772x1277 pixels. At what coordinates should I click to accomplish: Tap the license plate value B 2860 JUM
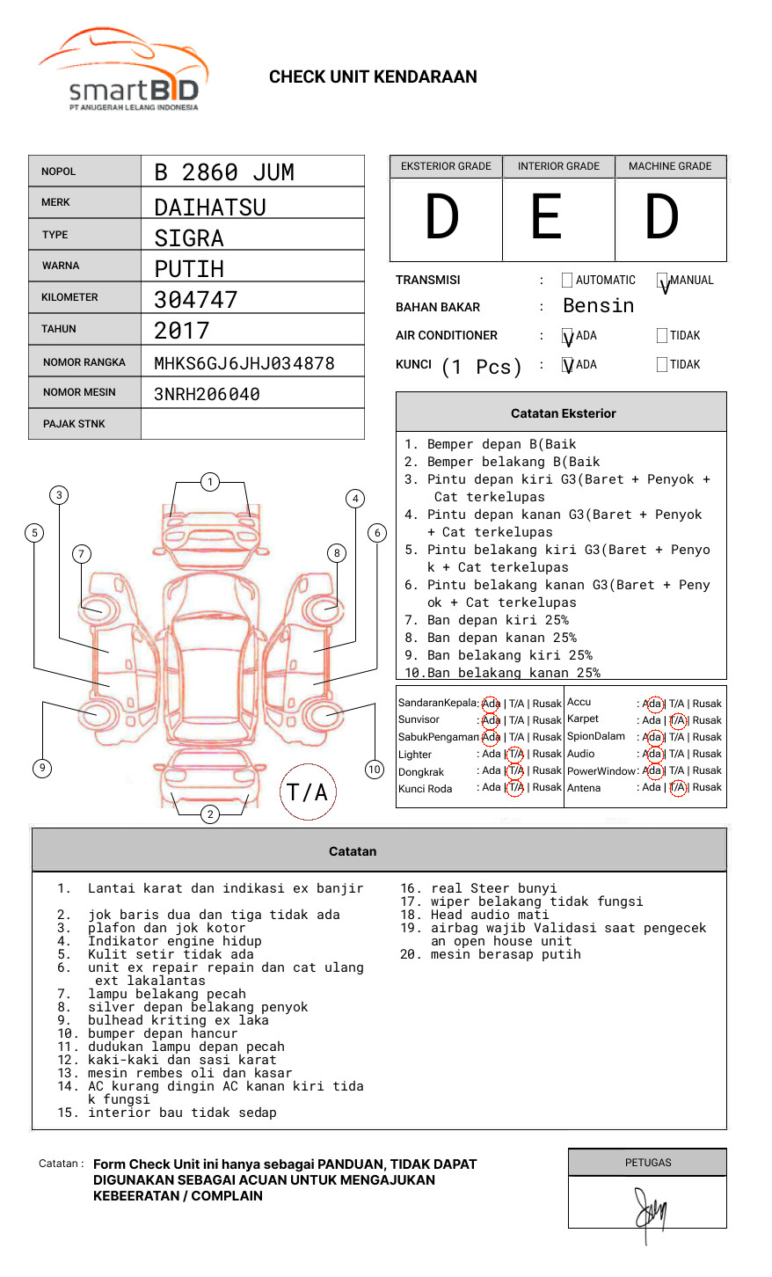(x=224, y=172)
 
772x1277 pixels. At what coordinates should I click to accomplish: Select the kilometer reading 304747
(x=196, y=300)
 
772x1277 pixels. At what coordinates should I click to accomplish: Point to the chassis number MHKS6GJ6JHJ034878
(x=244, y=363)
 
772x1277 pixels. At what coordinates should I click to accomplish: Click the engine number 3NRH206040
(x=207, y=394)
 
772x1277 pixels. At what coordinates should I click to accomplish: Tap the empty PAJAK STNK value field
(x=252, y=424)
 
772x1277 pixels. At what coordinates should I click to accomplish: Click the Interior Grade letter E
(x=546, y=217)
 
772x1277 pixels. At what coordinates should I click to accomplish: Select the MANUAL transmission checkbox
(x=662, y=281)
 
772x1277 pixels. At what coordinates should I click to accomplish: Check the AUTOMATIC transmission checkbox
(x=567, y=281)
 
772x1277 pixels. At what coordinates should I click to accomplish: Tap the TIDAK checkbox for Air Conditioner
(x=662, y=336)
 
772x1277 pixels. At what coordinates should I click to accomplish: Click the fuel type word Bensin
(x=598, y=306)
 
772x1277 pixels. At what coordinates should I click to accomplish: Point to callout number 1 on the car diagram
(x=209, y=481)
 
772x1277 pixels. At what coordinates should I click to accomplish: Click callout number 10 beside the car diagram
(x=375, y=769)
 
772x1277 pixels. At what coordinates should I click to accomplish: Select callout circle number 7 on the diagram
(x=82, y=553)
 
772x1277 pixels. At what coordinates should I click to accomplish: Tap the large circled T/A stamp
(x=308, y=792)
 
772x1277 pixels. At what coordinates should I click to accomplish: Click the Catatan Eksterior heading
(x=563, y=413)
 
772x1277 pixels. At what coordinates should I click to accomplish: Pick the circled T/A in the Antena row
(x=677, y=788)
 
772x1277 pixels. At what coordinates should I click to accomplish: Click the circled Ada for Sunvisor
(x=491, y=720)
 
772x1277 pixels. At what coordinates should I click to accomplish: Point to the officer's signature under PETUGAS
(x=650, y=1212)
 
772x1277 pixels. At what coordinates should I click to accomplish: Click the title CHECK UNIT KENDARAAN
(x=373, y=77)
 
